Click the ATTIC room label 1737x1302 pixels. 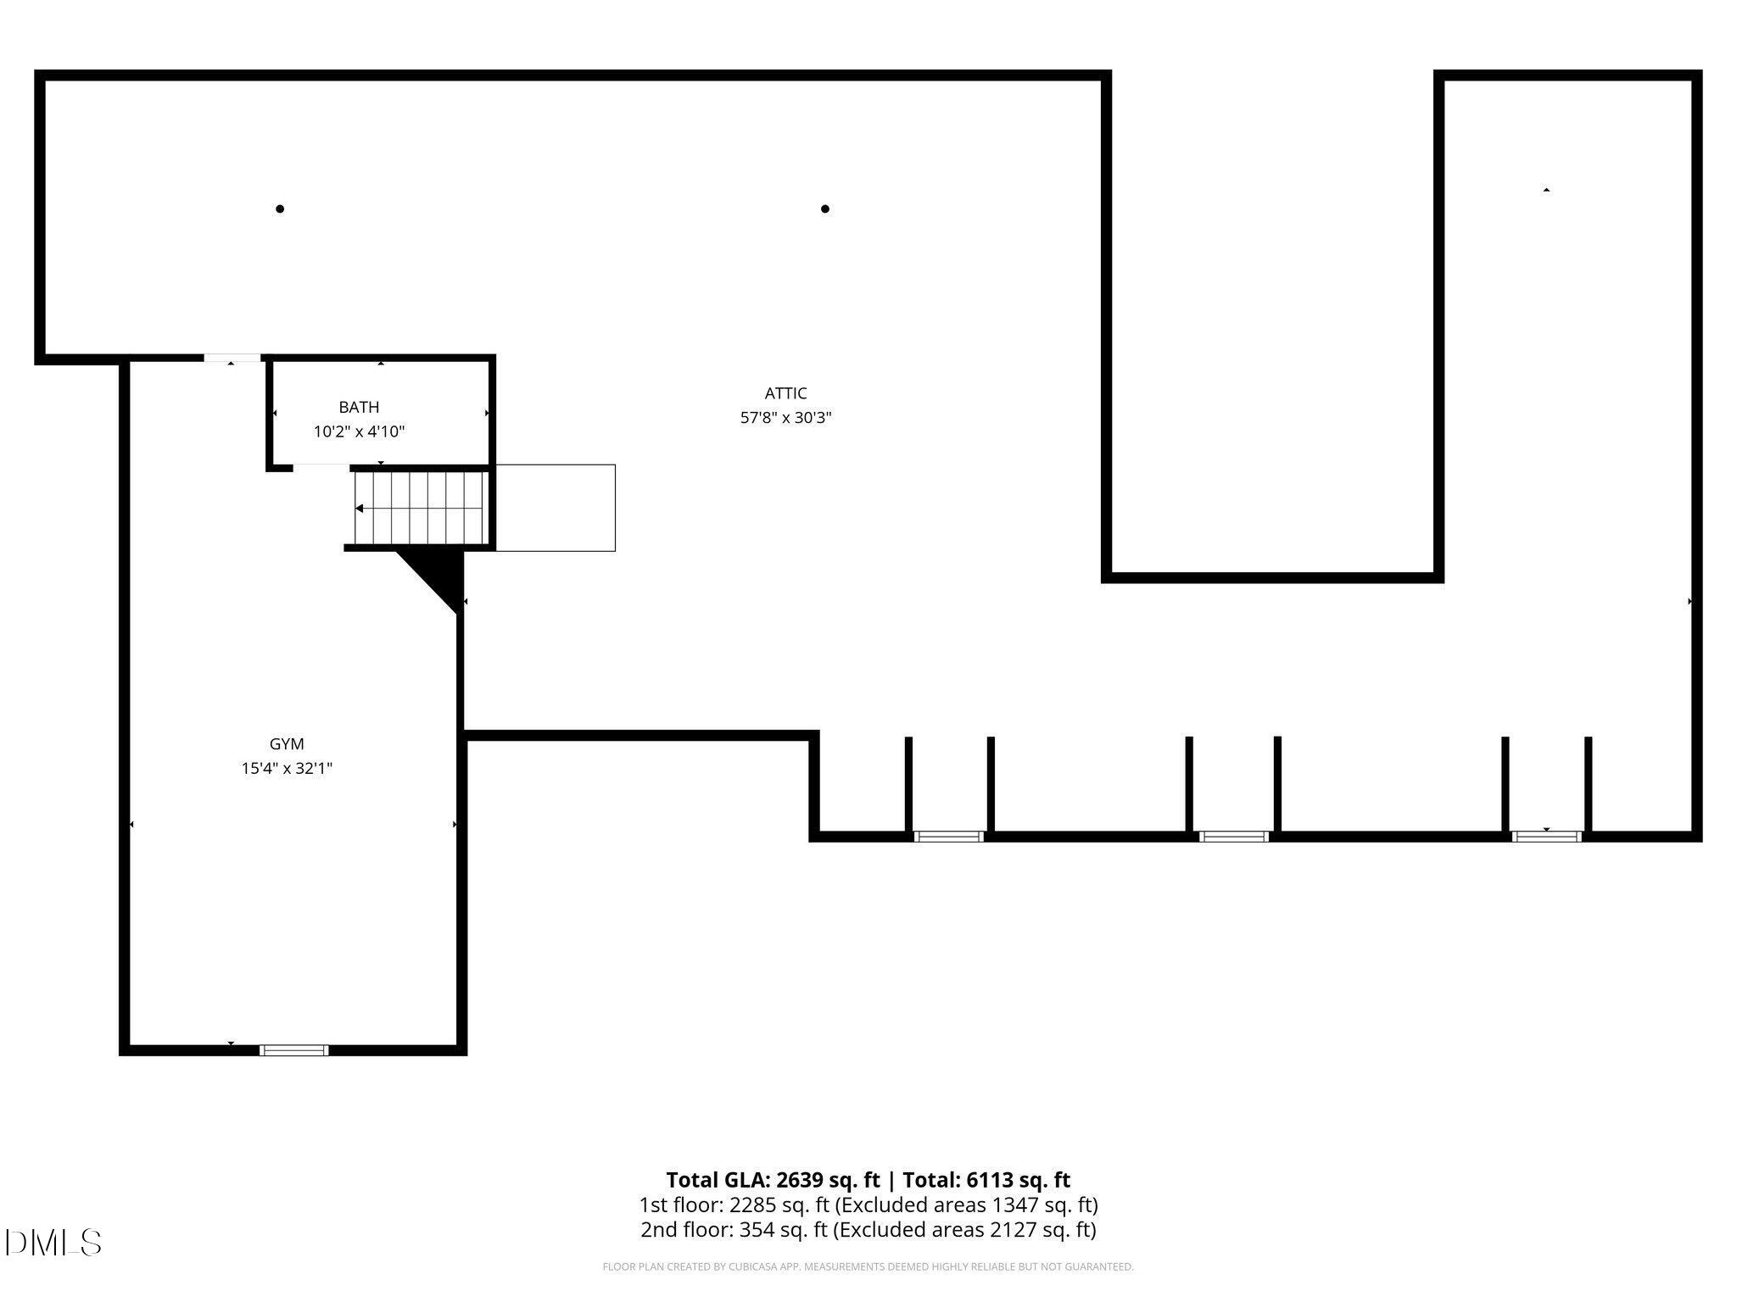(x=785, y=393)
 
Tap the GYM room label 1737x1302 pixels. (x=287, y=744)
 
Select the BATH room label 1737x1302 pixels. (x=359, y=408)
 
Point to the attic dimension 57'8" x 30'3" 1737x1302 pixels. (x=785, y=418)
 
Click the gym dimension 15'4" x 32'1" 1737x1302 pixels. (x=287, y=769)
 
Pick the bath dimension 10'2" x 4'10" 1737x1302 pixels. (x=359, y=432)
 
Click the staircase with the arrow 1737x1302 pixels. (x=421, y=508)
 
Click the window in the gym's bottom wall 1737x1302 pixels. (x=293, y=1050)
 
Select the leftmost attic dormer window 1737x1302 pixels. (x=948, y=837)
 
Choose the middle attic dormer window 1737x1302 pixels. (x=1234, y=837)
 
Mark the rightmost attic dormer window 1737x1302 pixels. (x=1546, y=837)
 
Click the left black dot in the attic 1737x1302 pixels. (x=280, y=209)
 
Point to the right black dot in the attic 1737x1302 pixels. (x=825, y=209)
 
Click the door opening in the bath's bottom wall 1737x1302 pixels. (x=321, y=466)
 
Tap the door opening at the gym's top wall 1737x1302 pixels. (x=232, y=359)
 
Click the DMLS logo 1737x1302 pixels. (x=53, y=1243)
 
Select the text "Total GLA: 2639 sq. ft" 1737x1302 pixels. (x=773, y=1180)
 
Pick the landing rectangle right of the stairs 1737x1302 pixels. (x=555, y=508)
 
